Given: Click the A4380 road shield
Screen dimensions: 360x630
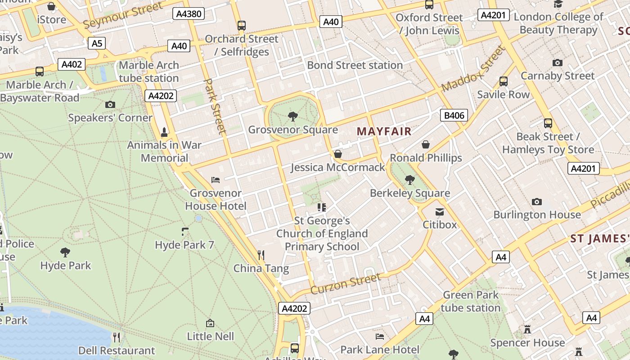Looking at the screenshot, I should point(189,13).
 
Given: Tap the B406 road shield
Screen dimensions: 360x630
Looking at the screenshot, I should point(454,116).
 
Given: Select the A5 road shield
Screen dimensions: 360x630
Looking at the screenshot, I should point(97,43).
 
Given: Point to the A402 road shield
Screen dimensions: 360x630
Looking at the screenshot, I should point(72,64).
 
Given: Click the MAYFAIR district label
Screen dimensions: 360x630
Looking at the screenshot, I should point(384,131).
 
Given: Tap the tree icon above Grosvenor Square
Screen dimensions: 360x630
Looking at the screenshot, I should point(293,117).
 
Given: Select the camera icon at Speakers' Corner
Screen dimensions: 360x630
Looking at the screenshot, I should point(110,105).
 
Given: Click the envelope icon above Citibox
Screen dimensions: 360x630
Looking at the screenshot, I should point(440,211).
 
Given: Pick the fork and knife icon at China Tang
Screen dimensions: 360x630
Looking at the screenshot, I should point(261,255).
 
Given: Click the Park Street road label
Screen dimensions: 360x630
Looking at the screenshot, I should point(215,106).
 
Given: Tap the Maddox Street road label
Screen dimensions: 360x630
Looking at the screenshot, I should point(474,68).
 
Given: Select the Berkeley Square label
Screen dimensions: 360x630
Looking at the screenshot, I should point(409,193).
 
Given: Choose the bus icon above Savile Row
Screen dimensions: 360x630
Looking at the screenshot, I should point(503,81).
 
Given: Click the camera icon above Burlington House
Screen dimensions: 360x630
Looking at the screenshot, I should point(536,202).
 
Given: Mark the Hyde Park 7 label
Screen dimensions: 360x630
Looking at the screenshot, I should point(184,245).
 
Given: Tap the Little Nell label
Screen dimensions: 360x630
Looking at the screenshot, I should point(210,336).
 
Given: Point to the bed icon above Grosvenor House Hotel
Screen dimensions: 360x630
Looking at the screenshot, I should point(216,180).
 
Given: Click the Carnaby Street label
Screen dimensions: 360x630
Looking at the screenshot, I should point(558,76).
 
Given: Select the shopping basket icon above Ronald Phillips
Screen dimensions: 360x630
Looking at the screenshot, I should point(426,144).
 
